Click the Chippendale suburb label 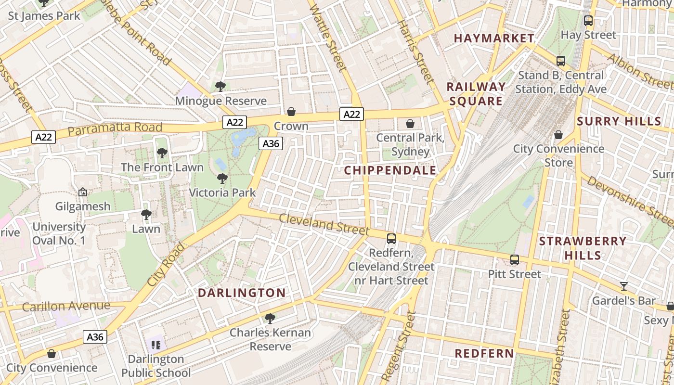(x=390, y=170)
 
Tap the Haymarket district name (x=494, y=38)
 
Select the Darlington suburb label (x=242, y=293)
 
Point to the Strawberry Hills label (x=583, y=248)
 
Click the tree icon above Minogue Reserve (x=220, y=87)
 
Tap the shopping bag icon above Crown (x=291, y=112)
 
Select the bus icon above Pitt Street (x=515, y=260)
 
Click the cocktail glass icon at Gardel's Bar (x=624, y=286)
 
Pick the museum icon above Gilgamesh (x=83, y=192)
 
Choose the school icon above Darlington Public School (x=156, y=345)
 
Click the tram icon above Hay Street (x=588, y=21)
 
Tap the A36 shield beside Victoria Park (x=271, y=143)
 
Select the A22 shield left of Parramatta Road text (x=44, y=137)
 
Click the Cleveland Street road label (x=324, y=224)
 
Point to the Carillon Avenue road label (x=66, y=306)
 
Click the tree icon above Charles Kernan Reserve (x=270, y=318)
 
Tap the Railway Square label (x=476, y=94)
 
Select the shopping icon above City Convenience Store (x=558, y=135)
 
